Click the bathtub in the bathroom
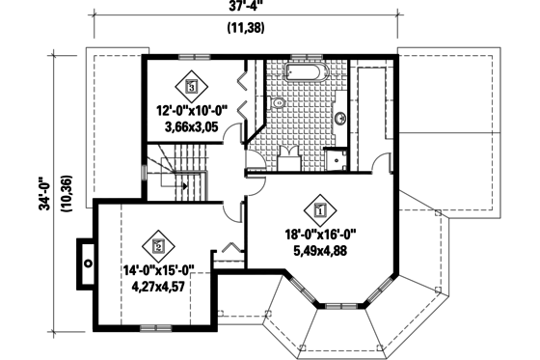306,73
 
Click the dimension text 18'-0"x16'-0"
320,234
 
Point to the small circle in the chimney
87,261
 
